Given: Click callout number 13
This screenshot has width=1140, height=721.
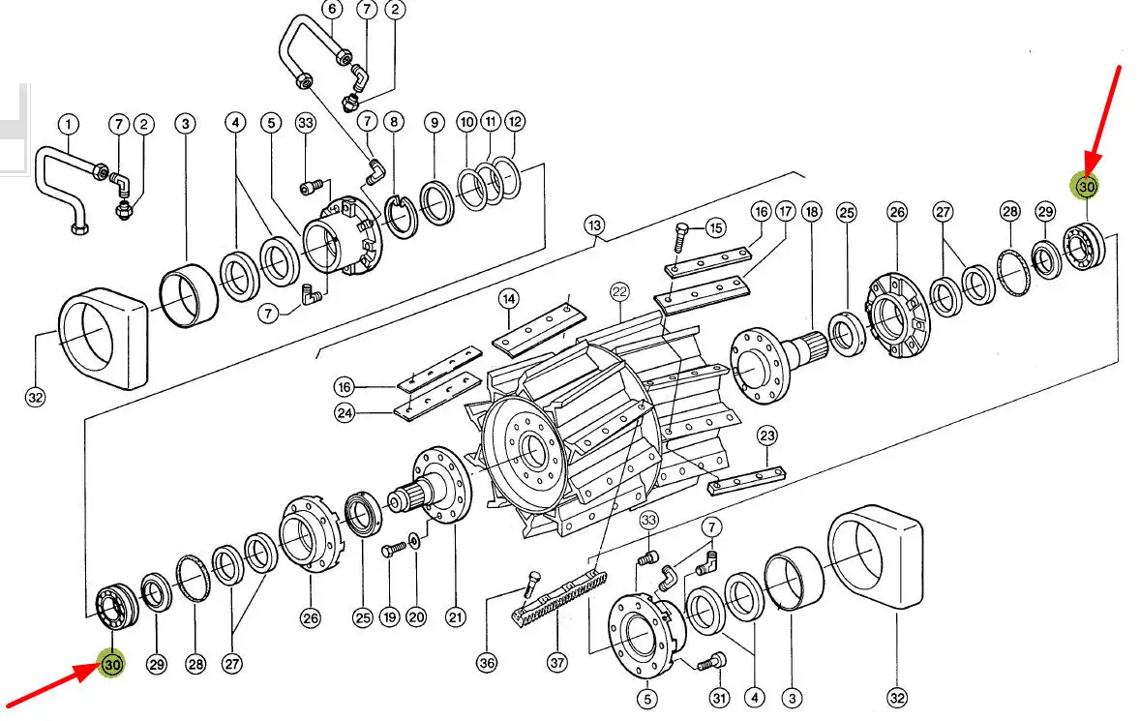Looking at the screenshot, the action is pyautogui.click(x=594, y=225).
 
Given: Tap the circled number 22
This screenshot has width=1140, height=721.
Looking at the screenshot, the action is pyautogui.click(x=619, y=293).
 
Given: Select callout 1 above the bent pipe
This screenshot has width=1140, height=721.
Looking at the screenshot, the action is pyautogui.click(x=69, y=124).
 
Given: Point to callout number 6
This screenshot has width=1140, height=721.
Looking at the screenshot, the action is pyautogui.click(x=332, y=10).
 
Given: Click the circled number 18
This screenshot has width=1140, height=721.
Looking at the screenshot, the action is pyautogui.click(x=811, y=212).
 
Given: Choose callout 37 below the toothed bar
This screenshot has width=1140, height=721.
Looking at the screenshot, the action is pyautogui.click(x=557, y=663).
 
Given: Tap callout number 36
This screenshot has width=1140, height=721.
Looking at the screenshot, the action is pyautogui.click(x=487, y=663).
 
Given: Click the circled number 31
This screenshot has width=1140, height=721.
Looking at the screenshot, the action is pyautogui.click(x=718, y=699).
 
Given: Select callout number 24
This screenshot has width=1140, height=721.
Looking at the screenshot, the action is pyautogui.click(x=345, y=413).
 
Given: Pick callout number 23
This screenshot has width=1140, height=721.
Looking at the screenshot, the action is pyautogui.click(x=767, y=436).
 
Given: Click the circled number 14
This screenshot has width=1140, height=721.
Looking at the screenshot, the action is pyautogui.click(x=509, y=299).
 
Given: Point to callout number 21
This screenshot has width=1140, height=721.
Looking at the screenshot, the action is pyautogui.click(x=455, y=617).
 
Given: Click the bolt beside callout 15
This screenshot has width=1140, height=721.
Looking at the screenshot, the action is pyautogui.click(x=681, y=235).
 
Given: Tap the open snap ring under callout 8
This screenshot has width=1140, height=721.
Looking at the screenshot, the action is pyautogui.click(x=401, y=218).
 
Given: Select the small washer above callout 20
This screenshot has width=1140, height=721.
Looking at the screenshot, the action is pyautogui.click(x=414, y=542).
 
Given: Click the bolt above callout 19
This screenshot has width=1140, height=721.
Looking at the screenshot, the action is pyautogui.click(x=393, y=550).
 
